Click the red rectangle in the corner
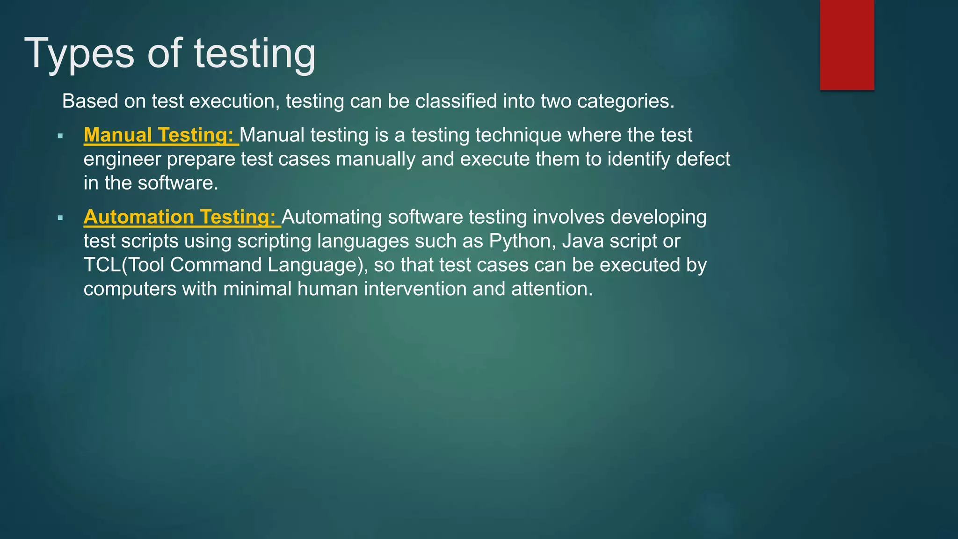click(x=847, y=44)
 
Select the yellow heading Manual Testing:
click(x=159, y=135)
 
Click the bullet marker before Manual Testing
click(x=60, y=136)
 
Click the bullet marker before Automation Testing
click(x=60, y=218)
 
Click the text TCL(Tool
click(x=123, y=265)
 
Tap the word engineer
click(x=122, y=160)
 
